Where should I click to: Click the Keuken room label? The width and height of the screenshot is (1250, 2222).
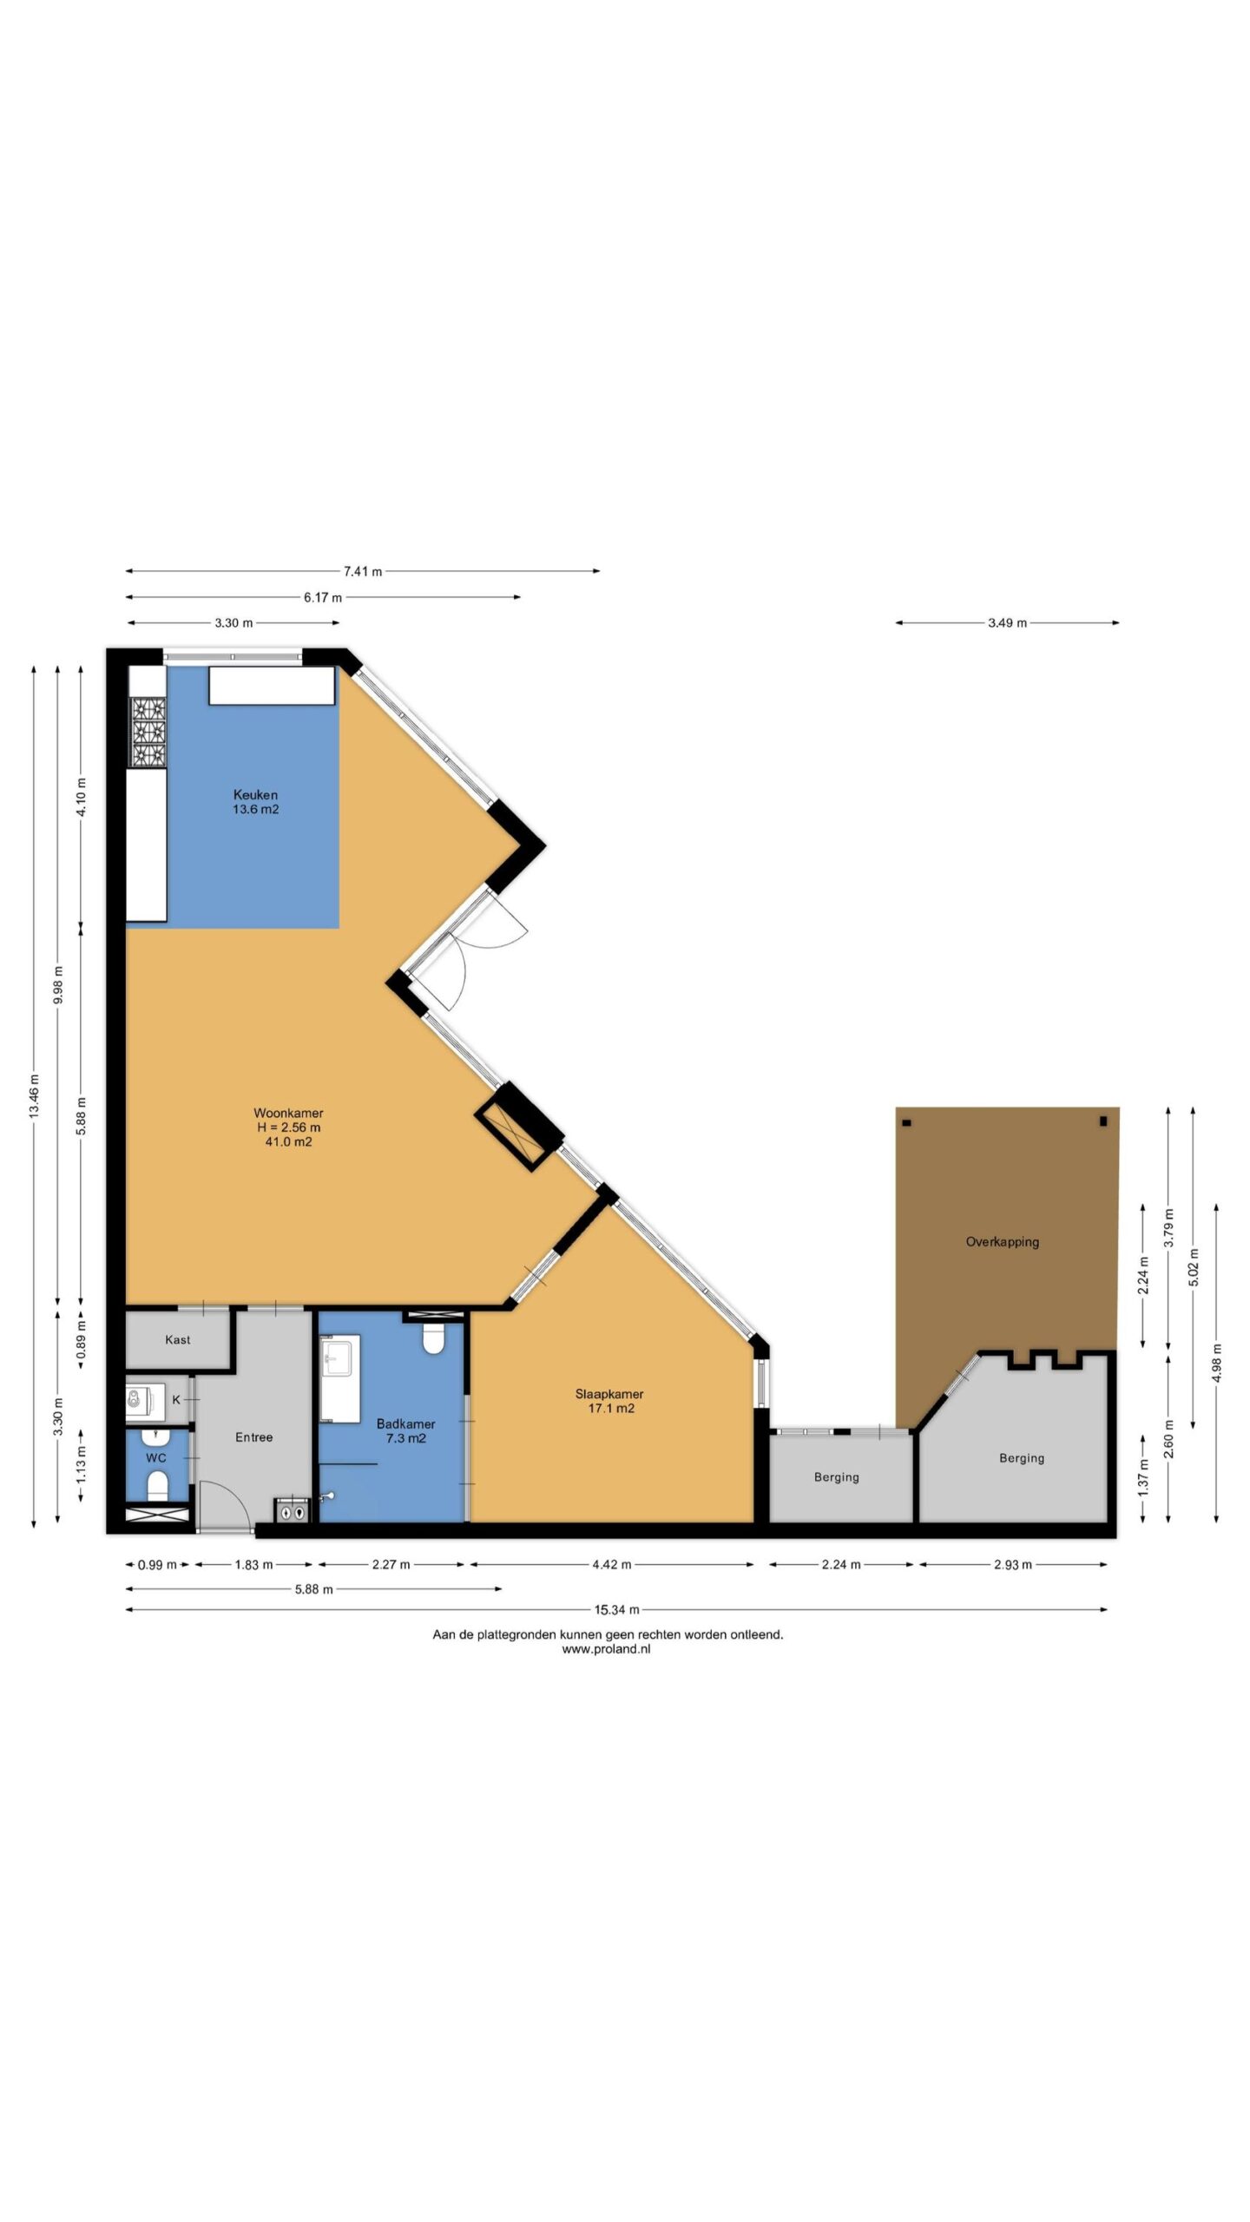pyautogui.click(x=255, y=794)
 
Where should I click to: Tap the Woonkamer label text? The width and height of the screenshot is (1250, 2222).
pyautogui.click(x=288, y=1113)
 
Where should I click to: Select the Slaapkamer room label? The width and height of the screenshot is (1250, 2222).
pyautogui.click(x=609, y=1394)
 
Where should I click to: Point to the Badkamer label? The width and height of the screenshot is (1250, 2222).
pyautogui.click(x=405, y=1423)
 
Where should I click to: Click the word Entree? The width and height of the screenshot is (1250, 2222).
pyautogui.click(x=253, y=1437)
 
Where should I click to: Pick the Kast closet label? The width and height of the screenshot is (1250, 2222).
pyautogui.click(x=177, y=1339)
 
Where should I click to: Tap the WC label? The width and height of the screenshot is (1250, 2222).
pyautogui.click(x=155, y=1457)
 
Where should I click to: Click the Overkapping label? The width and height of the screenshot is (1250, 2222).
pyautogui.click(x=1002, y=1242)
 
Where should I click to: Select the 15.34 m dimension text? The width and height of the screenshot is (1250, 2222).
pyautogui.click(x=616, y=1610)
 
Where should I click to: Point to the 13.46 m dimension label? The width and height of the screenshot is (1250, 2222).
pyautogui.click(x=34, y=1095)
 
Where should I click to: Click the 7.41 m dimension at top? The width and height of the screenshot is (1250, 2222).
pyautogui.click(x=363, y=571)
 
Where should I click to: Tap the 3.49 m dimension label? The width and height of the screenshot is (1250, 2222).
pyautogui.click(x=1007, y=622)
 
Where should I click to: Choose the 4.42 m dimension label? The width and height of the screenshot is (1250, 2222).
pyautogui.click(x=611, y=1564)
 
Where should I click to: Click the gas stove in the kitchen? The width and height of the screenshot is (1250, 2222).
pyautogui.click(x=147, y=733)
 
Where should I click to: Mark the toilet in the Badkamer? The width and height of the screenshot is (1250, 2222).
pyautogui.click(x=433, y=1338)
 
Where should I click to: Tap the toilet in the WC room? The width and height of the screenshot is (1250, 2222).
pyautogui.click(x=157, y=1486)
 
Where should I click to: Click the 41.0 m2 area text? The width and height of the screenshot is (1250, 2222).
pyautogui.click(x=288, y=1142)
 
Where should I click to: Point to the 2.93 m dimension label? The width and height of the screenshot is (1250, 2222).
pyautogui.click(x=1012, y=1564)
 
